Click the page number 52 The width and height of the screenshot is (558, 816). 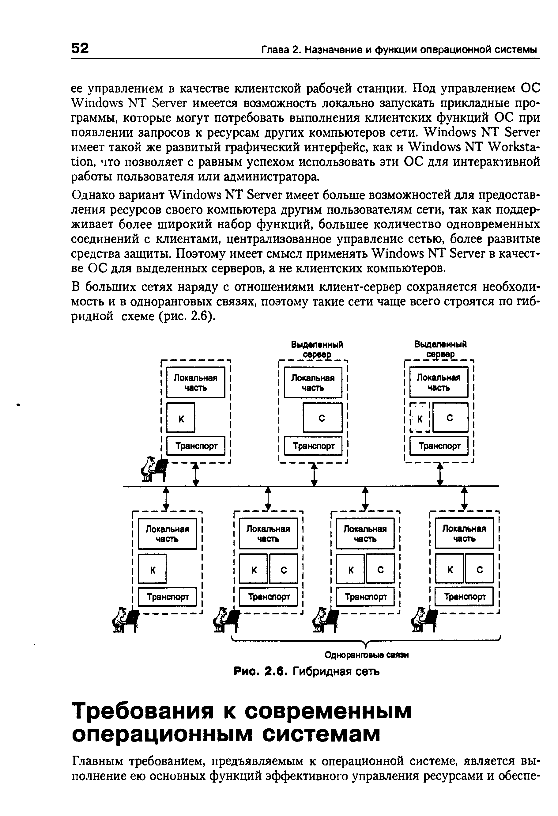(x=80, y=48)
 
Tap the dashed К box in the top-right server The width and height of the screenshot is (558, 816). (x=420, y=418)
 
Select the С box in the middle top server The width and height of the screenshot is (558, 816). (x=322, y=418)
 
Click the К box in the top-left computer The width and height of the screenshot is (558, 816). (x=181, y=418)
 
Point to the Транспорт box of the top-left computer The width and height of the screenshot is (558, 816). (x=196, y=446)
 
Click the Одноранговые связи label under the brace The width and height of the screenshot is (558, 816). (x=367, y=655)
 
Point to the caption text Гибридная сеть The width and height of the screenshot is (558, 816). (x=336, y=672)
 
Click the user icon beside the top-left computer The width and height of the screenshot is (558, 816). (x=153, y=469)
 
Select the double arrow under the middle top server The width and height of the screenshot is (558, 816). (x=315, y=474)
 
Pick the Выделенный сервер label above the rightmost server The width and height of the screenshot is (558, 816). (x=440, y=349)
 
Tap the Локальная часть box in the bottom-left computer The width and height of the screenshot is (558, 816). (x=168, y=534)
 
